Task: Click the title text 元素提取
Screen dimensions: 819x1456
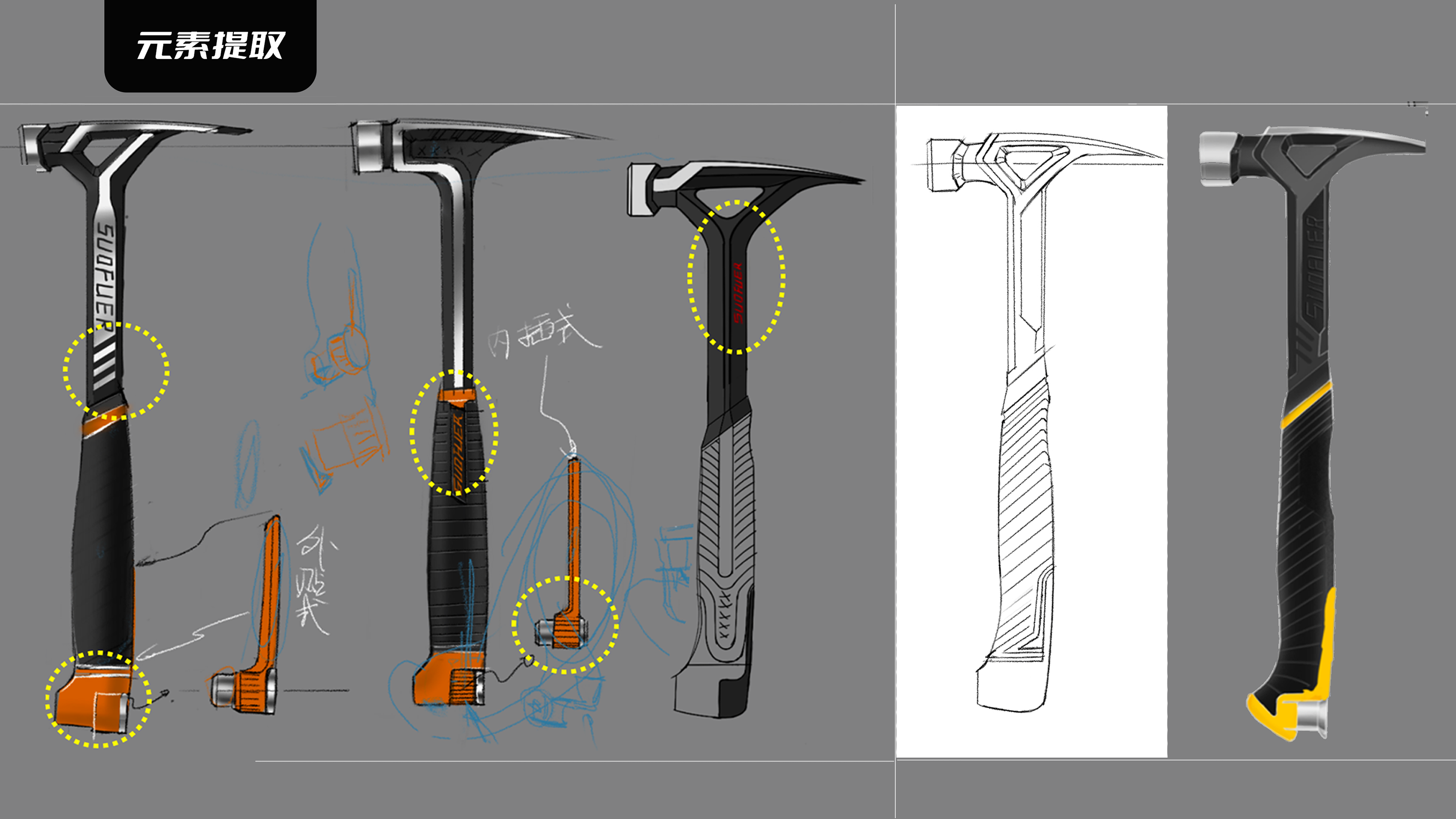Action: [210, 45]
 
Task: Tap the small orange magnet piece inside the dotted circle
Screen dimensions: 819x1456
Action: [565, 631]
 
